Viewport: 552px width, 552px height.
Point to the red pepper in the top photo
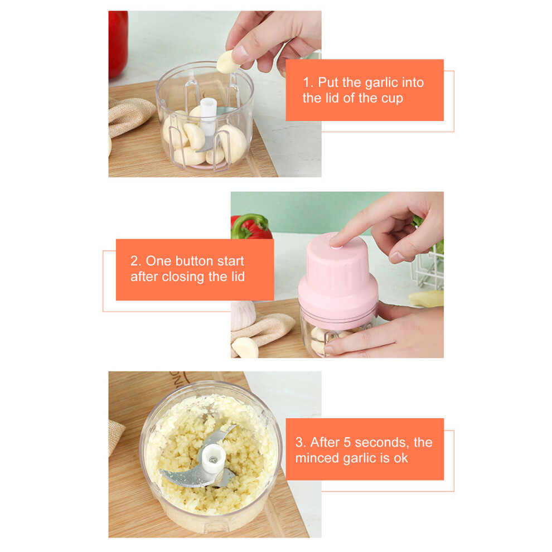[x=118, y=43]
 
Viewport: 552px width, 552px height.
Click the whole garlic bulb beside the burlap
[x=243, y=314]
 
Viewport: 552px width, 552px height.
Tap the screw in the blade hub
[x=213, y=459]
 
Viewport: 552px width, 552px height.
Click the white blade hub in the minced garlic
[x=213, y=458]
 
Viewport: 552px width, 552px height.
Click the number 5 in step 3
[x=347, y=443]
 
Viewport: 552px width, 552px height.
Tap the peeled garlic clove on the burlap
[x=245, y=348]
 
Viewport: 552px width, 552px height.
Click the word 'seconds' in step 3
[x=382, y=443]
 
